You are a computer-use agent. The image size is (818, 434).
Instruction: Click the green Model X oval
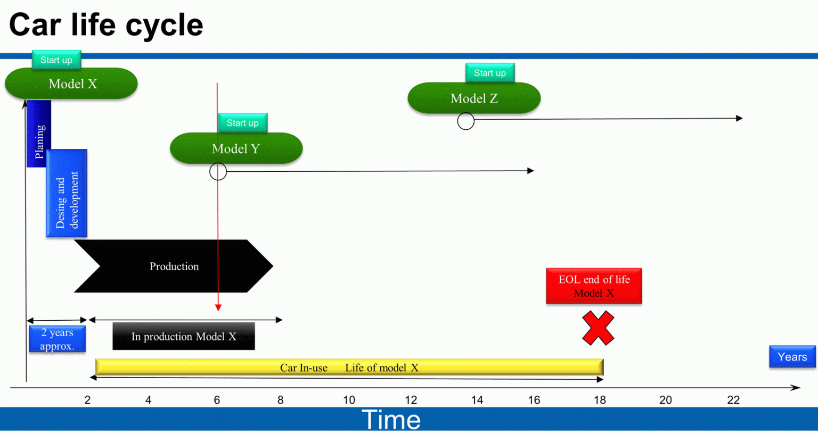click(x=71, y=84)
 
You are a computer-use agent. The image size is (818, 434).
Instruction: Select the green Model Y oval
click(x=236, y=148)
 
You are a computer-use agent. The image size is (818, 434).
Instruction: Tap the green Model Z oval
click(x=474, y=98)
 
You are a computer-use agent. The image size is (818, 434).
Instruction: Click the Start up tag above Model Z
click(x=490, y=73)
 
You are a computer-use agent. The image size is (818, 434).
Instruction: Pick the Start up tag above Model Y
click(x=243, y=123)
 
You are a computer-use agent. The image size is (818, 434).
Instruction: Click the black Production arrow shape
click(x=174, y=266)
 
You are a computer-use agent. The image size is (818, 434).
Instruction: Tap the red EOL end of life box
click(x=594, y=286)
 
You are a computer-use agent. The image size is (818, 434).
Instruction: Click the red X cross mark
click(x=598, y=328)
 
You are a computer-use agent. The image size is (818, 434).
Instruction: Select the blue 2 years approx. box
click(x=57, y=339)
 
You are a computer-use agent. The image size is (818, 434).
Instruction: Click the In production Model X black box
click(x=184, y=336)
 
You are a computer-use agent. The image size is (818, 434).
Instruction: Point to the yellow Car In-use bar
click(x=349, y=367)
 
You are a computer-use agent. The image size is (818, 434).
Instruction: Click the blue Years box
click(x=792, y=357)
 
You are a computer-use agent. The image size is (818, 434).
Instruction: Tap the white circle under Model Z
click(x=466, y=121)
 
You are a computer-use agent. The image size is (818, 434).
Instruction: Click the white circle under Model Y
click(x=218, y=171)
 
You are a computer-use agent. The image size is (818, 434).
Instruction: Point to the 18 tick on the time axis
click(x=600, y=400)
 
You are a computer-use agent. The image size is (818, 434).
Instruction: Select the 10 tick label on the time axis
click(x=349, y=400)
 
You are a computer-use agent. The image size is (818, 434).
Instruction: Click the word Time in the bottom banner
click(x=391, y=420)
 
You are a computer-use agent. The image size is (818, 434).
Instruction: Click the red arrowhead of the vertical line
click(x=218, y=307)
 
